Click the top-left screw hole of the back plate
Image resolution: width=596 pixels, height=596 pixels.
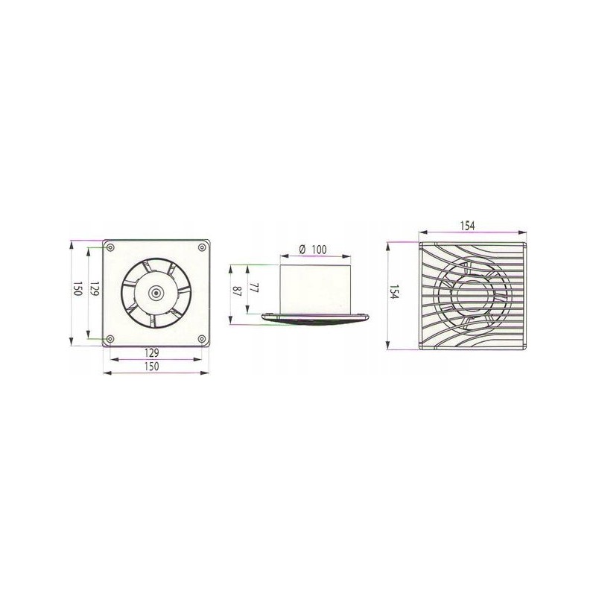point(110,248)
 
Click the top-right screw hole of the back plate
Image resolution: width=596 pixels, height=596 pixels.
point(201,248)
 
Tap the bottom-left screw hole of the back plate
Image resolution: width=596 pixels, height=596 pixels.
point(110,339)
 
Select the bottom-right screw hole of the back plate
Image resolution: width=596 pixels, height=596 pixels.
point(201,339)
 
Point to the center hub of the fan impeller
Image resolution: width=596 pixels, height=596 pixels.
point(156,293)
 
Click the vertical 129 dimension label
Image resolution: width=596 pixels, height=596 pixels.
point(95,289)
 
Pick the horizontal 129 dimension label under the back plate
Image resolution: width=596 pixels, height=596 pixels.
point(152,352)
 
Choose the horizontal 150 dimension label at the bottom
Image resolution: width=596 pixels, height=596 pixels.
point(152,367)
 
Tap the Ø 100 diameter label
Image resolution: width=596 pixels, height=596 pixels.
point(313,250)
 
